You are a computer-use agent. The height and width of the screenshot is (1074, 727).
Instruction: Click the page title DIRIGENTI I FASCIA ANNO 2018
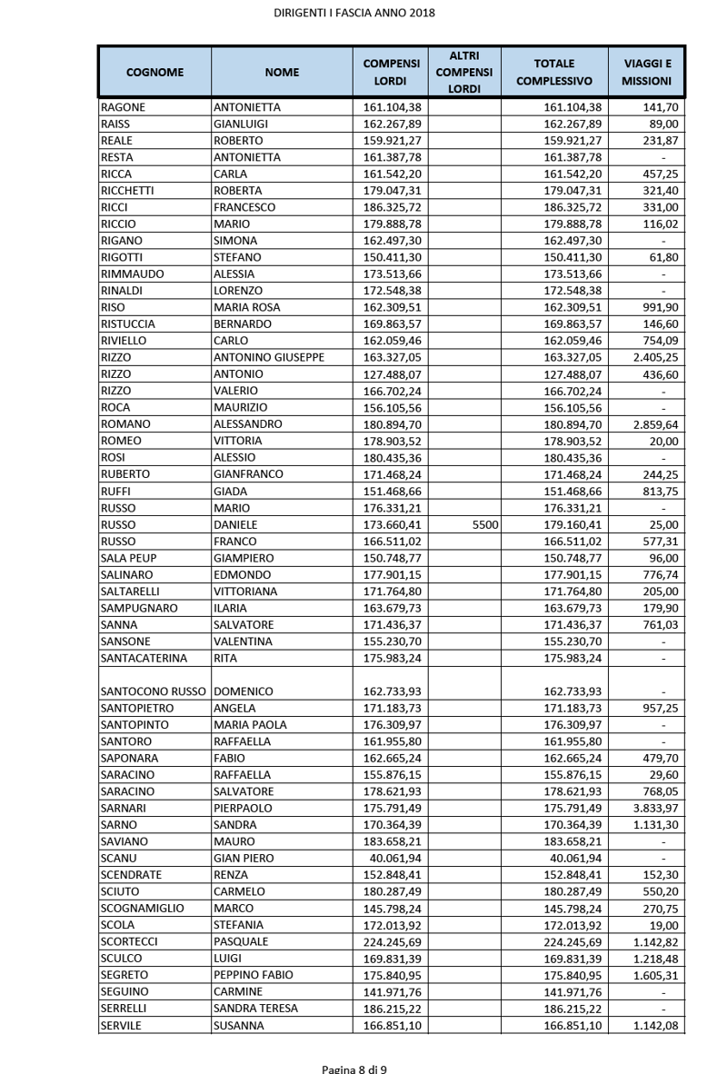pyautogui.click(x=354, y=13)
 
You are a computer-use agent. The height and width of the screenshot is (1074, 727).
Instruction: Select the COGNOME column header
pyautogui.click(x=154, y=71)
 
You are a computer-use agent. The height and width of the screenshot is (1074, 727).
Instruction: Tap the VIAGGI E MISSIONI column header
pyautogui.click(x=646, y=72)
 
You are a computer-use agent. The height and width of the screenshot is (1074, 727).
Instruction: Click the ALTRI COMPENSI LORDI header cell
pyautogui.click(x=463, y=72)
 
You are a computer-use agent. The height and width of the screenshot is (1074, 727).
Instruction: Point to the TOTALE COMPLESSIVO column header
pyautogui.click(x=554, y=72)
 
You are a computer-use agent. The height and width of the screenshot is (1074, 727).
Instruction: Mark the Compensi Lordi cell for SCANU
pyautogui.click(x=389, y=858)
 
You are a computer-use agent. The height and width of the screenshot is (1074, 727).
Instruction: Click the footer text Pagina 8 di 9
pyautogui.click(x=354, y=1068)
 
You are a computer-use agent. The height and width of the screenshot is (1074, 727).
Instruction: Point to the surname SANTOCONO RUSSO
pyautogui.click(x=154, y=691)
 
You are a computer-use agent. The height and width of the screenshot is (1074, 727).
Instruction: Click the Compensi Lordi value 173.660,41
pyautogui.click(x=389, y=524)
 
